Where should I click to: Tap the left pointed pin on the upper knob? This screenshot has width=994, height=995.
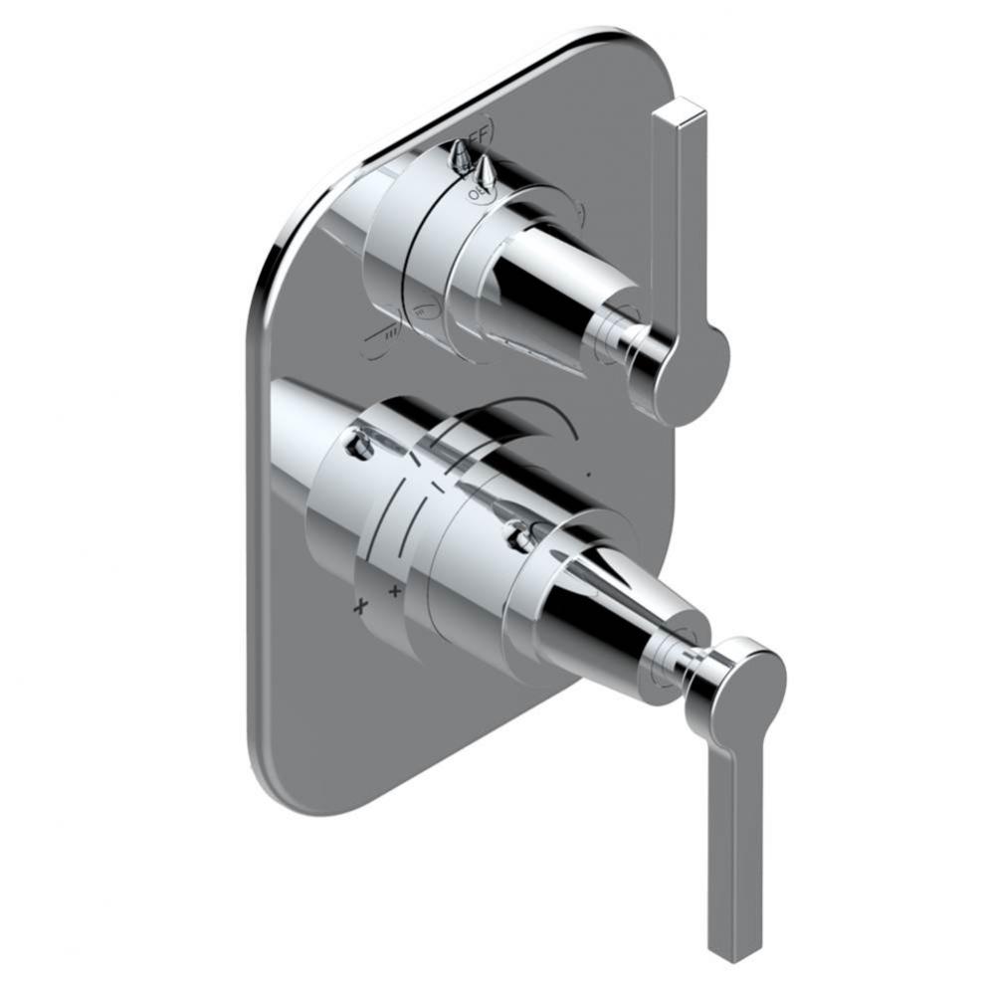tap(459, 152)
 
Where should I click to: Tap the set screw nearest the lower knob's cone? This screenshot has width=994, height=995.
tap(518, 538)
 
